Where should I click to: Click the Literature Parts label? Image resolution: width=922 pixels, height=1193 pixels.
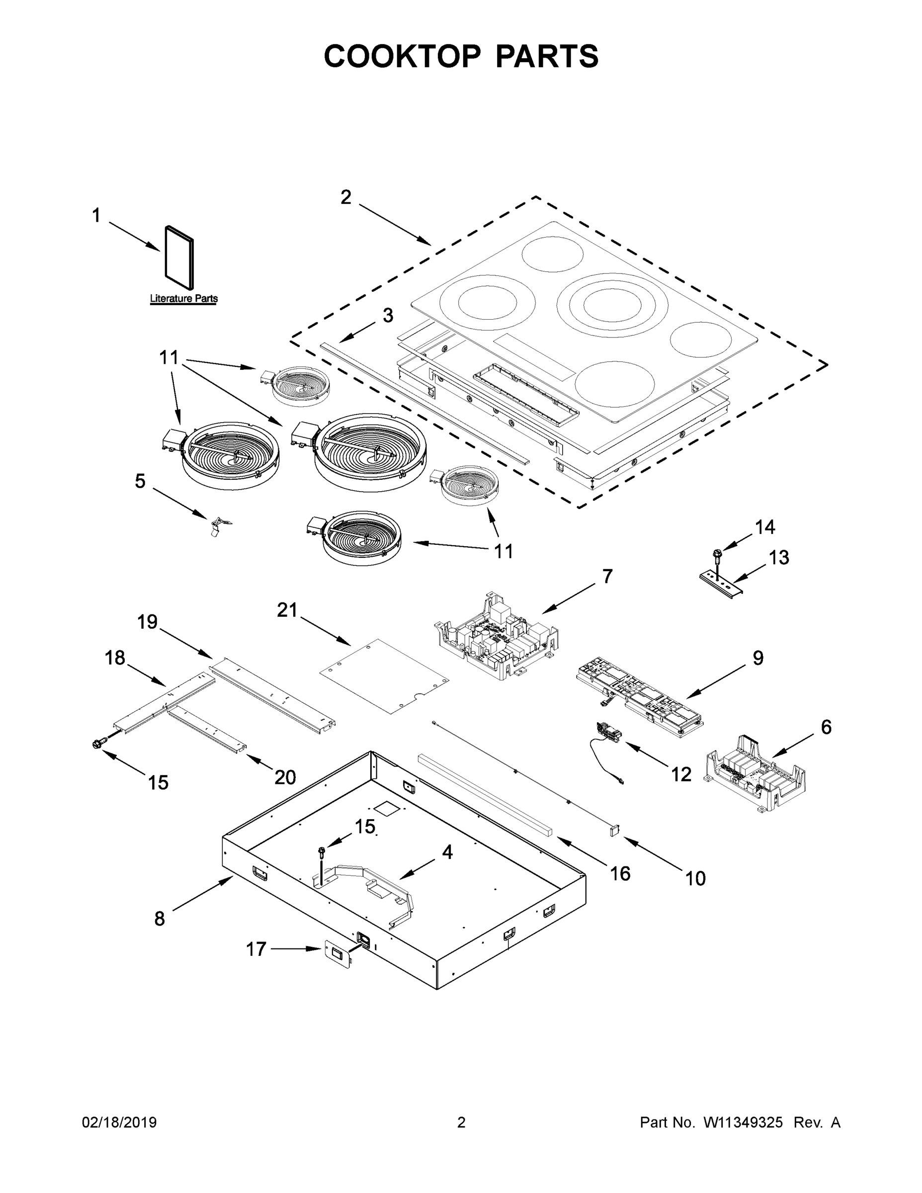coord(183,298)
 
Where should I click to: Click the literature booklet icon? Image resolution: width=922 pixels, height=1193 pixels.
coord(179,257)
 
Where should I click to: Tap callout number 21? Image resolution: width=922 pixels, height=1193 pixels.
coord(287,609)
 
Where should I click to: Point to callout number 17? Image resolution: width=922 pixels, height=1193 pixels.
coord(255,949)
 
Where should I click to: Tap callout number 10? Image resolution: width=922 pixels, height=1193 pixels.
coord(695,878)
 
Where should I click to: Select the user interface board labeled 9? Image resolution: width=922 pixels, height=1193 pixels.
coord(639,692)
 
